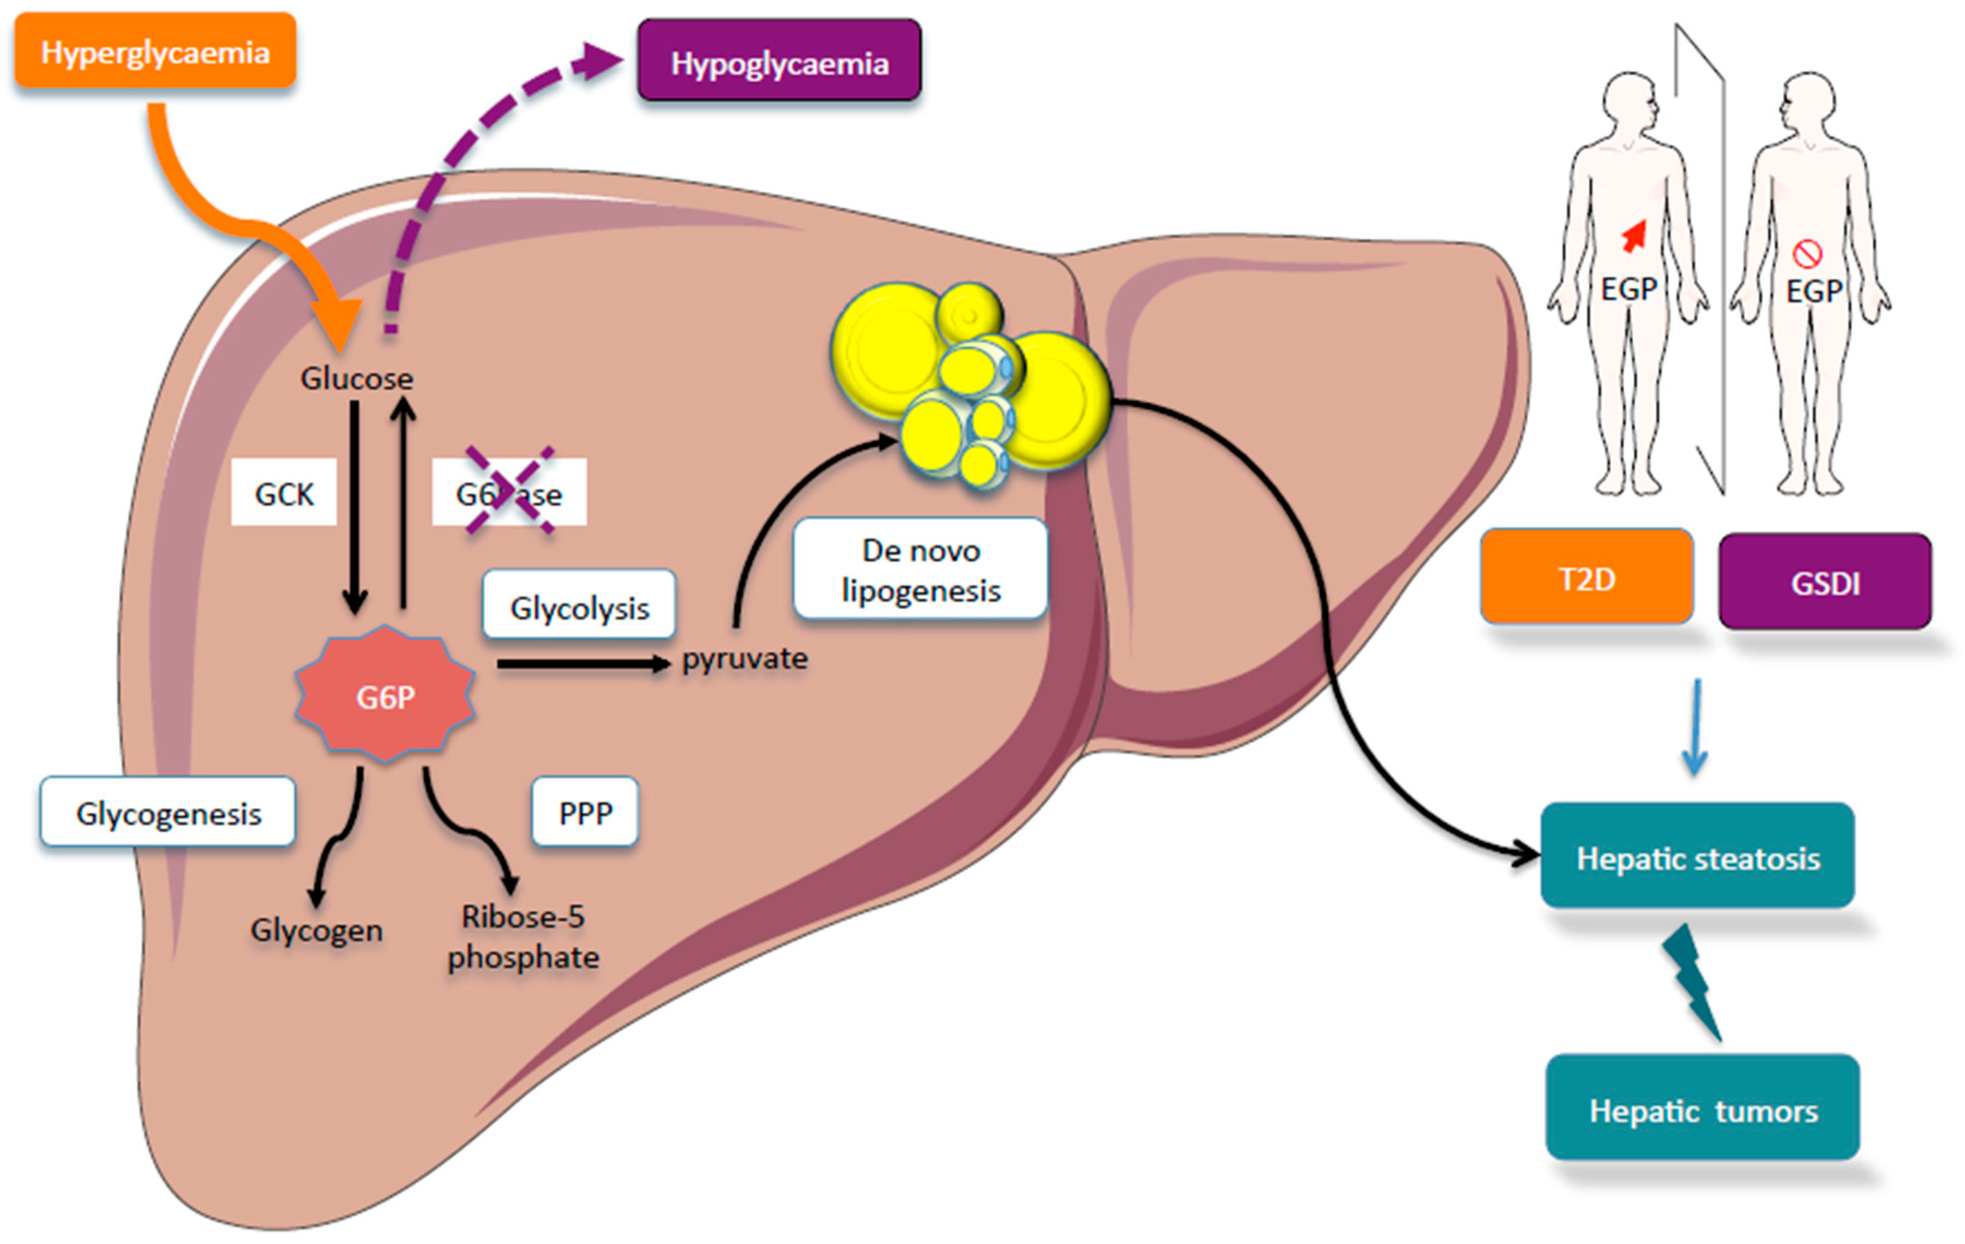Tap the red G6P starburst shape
[385, 696]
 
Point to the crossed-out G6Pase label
[509, 492]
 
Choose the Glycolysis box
[579, 607]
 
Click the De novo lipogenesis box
[920, 569]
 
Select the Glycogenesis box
[168, 813]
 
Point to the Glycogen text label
[316, 929]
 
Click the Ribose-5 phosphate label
[523, 936]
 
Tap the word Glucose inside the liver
[357, 378]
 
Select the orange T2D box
[1586, 578]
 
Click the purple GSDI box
[1825, 581]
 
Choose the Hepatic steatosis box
[1697, 857]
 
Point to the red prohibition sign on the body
[1807, 254]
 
